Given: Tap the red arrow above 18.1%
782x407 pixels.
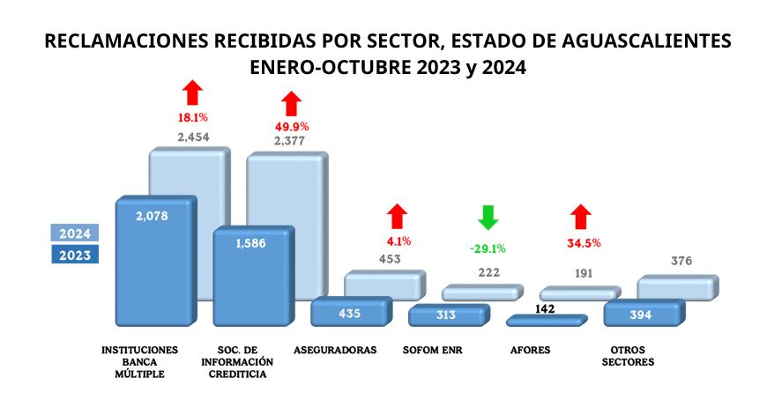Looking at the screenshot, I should coord(191,92).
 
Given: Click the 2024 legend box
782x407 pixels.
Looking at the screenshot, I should coord(74,233).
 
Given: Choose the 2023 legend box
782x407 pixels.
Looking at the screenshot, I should coord(74,255).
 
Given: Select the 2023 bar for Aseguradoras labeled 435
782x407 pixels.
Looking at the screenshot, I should coord(349,313).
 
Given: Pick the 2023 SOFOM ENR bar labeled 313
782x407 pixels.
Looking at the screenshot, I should coord(447,315).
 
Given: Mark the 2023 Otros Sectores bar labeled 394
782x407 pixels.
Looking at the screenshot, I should coord(642,314).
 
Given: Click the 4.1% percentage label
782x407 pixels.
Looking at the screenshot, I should coord(398,240).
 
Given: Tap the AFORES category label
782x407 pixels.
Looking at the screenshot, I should coord(531,350).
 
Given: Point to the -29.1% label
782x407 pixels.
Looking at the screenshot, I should coord(487,249).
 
